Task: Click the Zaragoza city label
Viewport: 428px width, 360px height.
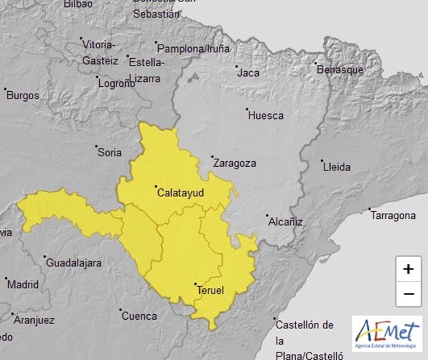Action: pyautogui.click(x=234, y=164)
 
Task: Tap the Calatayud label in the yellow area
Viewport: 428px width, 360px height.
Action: pyautogui.click(x=181, y=193)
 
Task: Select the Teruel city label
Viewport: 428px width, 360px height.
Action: pyautogui.click(x=210, y=290)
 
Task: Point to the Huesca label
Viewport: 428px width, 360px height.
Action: pyautogui.click(x=265, y=115)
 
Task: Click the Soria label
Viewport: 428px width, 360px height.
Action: pyautogui.click(x=109, y=152)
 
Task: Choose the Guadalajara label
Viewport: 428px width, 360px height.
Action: pyautogui.click(x=74, y=263)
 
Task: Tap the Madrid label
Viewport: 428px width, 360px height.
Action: pyautogui.click(x=23, y=285)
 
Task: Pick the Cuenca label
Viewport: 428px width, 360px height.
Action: pyautogui.click(x=140, y=316)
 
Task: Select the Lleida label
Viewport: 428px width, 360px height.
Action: pyautogui.click(x=337, y=167)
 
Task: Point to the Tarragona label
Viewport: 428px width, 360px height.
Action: pyautogui.click(x=393, y=216)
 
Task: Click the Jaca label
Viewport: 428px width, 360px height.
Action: pyautogui.click(x=248, y=73)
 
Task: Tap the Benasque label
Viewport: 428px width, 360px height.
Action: pyautogui.click(x=340, y=70)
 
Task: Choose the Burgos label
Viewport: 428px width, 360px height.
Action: pyautogui.click(x=23, y=95)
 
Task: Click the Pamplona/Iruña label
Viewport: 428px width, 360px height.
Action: pyautogui.click(x=194, y=48)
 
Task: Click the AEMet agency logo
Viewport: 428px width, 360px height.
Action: pyautogui.click(x=386, y=333)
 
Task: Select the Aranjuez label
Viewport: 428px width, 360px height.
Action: pyautogui.click(x=34, y=320)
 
